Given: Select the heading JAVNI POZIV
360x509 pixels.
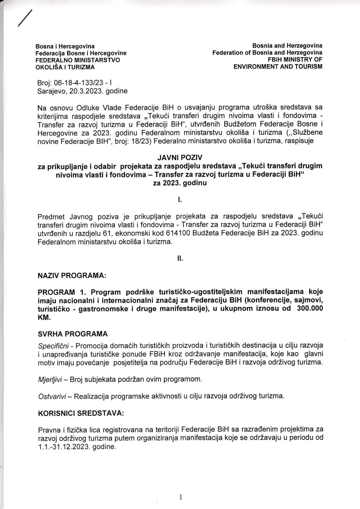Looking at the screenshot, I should (180, 158).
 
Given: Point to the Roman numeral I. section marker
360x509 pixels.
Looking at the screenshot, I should (180, 200).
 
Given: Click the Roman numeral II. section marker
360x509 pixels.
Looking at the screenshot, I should (180, 259).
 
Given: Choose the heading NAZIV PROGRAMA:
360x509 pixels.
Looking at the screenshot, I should (72, 275).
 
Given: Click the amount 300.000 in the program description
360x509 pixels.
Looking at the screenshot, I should (310, 308).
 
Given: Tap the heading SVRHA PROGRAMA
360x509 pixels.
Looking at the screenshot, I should (73, 334).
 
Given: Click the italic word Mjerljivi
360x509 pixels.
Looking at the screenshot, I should (50, 379).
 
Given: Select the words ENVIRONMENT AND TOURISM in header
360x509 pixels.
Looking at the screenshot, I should (278, 66).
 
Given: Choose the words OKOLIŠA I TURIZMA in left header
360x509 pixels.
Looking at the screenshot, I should (65, 67).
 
